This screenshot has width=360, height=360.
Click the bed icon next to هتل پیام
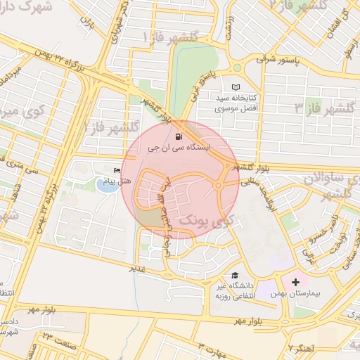pyautogui.click(x=117, y=170)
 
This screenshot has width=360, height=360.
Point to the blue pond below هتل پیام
pyautogui.click(x=107, y=186)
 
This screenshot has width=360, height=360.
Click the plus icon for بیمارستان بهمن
pyautogui.click(x=295, y=282)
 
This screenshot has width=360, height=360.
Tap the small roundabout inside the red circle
pyautogui.click(x=219, y=185)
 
